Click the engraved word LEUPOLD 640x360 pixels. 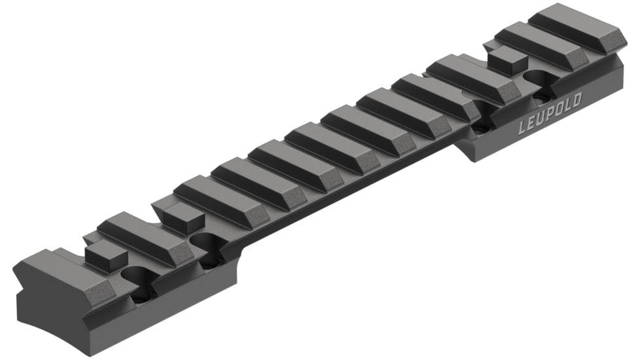point(550,116)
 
